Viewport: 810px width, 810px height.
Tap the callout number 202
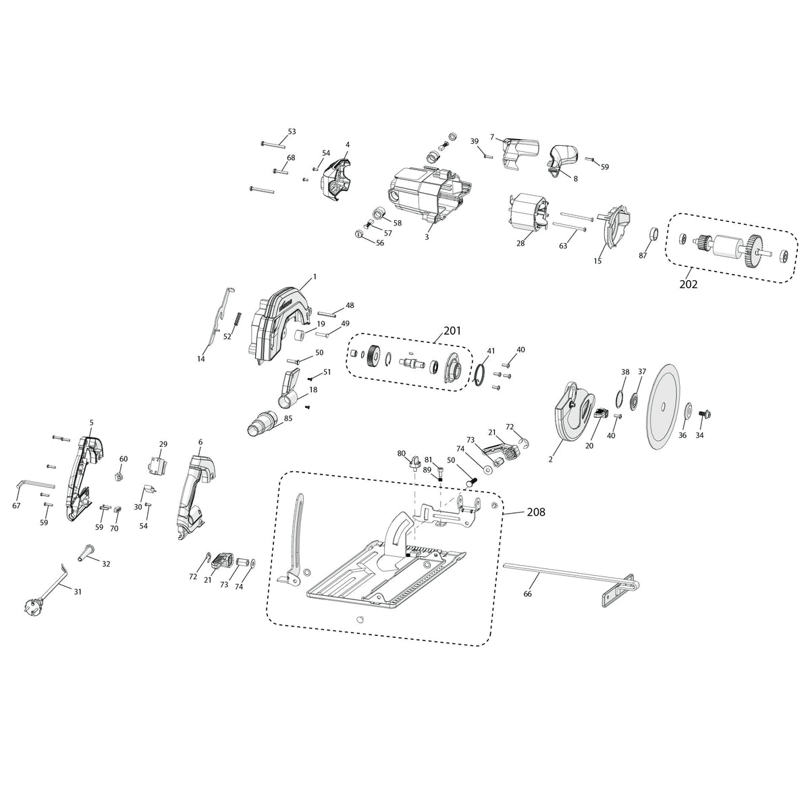coord(688,284)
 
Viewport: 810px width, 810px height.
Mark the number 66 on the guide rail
coord(527,594)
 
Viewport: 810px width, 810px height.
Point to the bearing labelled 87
coord(653,235)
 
